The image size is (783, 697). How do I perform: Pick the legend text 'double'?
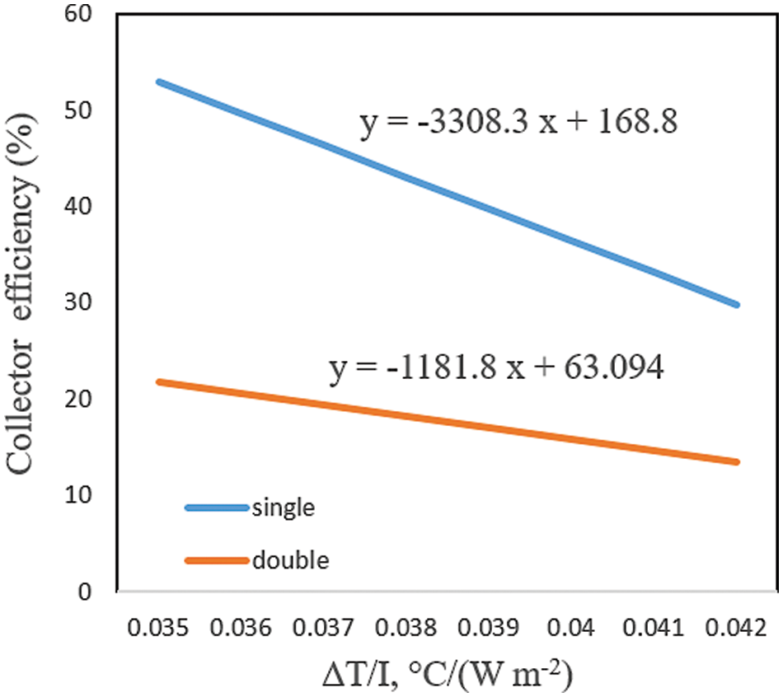[290, 561]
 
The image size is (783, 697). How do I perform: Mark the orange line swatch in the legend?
[216, 561]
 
